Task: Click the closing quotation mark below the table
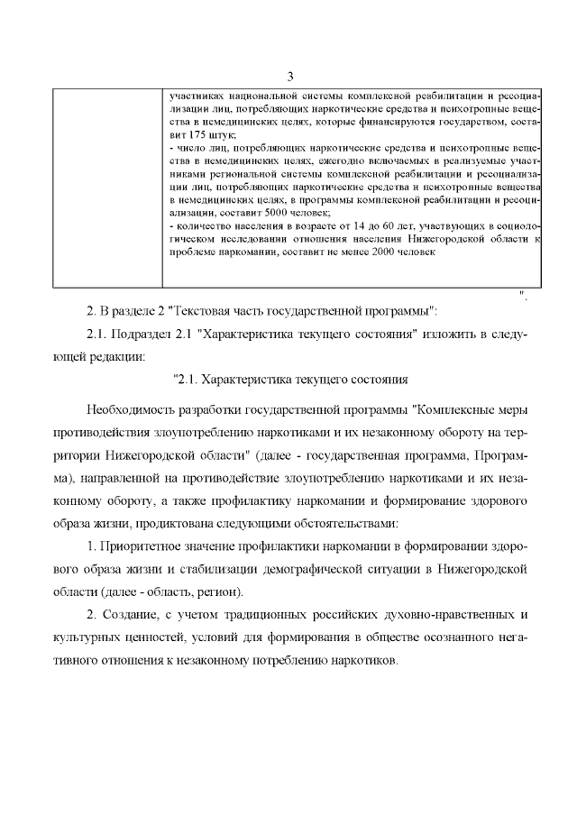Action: [522, 294]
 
